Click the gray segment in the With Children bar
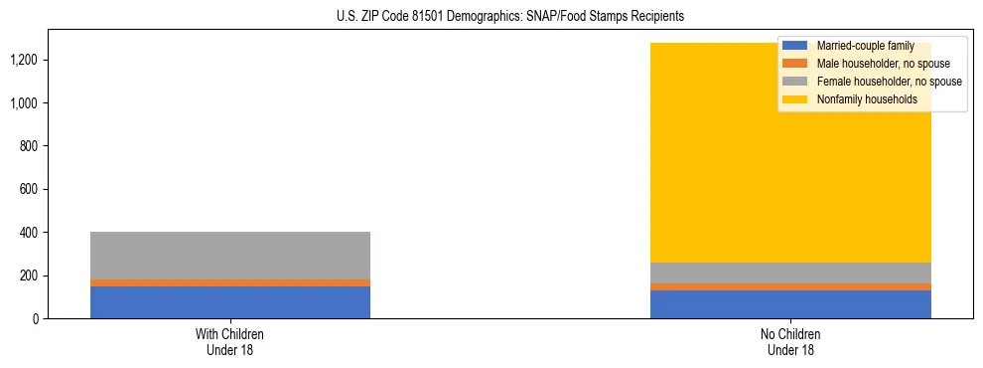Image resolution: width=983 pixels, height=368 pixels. pos(229,256)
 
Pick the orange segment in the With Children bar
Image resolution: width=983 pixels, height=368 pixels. pos(229,282)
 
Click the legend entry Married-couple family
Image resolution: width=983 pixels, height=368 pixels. pos(865,46)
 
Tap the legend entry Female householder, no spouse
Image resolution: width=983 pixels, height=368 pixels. pos(889,82)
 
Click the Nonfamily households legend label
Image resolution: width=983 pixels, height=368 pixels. pos(867,99)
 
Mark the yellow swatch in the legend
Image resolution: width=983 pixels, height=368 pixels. pos(795,99)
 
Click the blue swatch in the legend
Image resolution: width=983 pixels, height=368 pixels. pos(795,46)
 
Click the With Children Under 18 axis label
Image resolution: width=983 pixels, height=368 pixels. pos(229,341)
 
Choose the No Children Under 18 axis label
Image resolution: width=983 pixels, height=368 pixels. pos(790,341)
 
